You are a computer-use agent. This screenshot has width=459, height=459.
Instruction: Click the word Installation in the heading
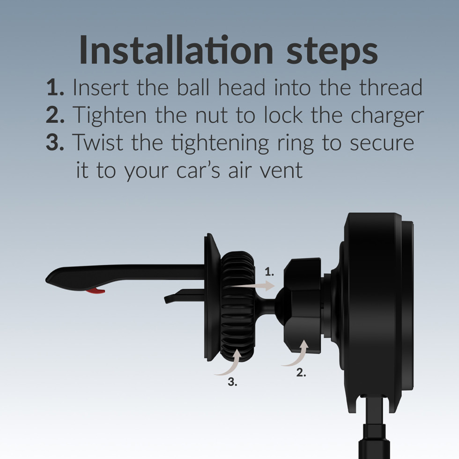[176, 49]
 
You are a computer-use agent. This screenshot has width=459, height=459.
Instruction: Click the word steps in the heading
[332, 52]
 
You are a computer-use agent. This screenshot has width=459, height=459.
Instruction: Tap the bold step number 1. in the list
[55, 87]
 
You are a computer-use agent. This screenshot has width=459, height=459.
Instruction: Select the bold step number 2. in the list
[55, 115]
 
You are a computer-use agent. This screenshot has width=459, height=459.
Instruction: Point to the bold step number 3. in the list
[55, 142]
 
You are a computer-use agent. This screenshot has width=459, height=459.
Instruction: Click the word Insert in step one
[100, 87]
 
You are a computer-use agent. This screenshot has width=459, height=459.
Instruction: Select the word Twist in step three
[97, 142]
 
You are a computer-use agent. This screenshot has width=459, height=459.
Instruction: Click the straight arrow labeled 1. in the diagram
[251, 285]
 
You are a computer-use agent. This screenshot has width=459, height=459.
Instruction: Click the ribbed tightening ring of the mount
[238, 306]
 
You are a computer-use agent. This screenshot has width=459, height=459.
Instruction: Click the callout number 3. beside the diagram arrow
[232, 382]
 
